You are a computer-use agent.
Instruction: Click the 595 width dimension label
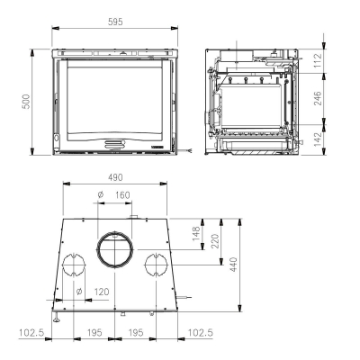(x=115, y=22)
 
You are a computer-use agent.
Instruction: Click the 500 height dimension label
(x=26, y=102)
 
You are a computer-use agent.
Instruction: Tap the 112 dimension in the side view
(x=318, y=60)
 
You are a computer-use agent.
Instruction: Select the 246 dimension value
(x=318, y=98)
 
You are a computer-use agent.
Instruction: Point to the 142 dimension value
(x=318, y=139)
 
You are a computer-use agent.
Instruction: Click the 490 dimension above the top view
(x=115, y=177)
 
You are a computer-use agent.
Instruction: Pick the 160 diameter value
(x=122, y=195)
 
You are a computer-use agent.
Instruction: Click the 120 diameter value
(x=102, y=292)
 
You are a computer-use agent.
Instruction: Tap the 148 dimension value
(x=196, y=234)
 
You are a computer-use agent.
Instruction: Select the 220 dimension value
(x=215, y=241)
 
